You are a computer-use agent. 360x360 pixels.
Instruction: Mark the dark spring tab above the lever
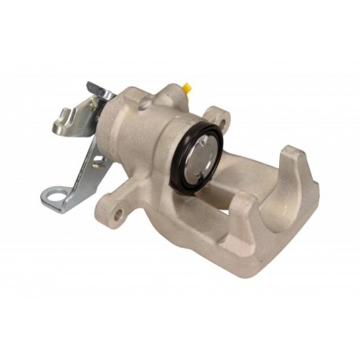(x=95, y=89)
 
